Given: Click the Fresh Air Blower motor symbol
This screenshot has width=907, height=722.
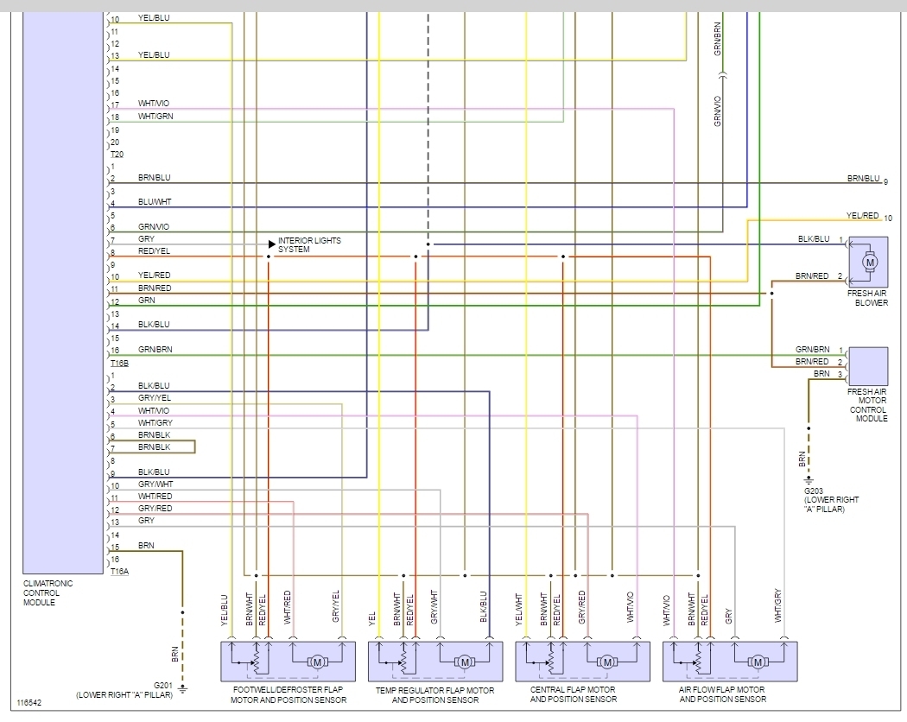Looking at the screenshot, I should (870, 262).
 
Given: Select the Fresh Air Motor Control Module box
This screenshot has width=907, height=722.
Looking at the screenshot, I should (868, 366).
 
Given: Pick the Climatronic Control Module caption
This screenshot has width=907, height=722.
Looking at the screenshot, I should (48, 592).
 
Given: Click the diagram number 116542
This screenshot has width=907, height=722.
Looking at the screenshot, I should (29, 703).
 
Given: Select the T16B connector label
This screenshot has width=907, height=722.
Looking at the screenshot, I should (119, 364).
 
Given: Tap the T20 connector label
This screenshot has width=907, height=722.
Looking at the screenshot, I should (117, 154).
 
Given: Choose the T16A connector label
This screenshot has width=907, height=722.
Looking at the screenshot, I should (119, 571).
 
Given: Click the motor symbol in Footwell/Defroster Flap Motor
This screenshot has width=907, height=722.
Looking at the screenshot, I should (316, 662).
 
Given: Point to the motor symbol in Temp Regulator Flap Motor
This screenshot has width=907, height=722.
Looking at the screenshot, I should (465, 662).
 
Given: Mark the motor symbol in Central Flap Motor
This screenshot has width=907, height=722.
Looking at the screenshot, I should (608, 662).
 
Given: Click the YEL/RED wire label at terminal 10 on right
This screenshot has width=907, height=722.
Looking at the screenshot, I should (862, 216).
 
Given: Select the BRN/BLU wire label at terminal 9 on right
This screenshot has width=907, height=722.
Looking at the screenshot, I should (863, 179).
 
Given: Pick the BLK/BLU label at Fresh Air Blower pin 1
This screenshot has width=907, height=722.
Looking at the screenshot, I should (814, 239).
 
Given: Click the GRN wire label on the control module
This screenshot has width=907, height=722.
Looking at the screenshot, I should (146, 301).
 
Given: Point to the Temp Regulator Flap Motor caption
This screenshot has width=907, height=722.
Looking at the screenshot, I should (434, 695).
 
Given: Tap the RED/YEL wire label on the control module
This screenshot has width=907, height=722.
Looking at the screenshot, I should (154, 251).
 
